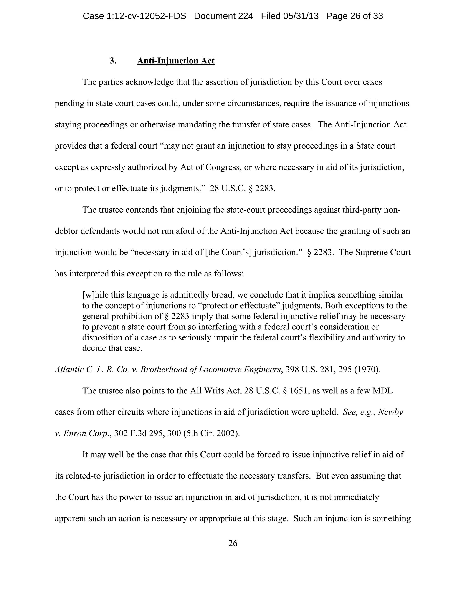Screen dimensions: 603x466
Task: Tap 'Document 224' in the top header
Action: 223,16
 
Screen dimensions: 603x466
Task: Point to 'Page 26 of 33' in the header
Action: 355,16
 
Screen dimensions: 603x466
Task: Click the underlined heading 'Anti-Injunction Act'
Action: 176,61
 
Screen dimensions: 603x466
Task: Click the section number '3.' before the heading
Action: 113,61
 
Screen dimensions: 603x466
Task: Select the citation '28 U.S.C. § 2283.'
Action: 243,189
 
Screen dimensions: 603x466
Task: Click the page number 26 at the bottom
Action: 233,543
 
